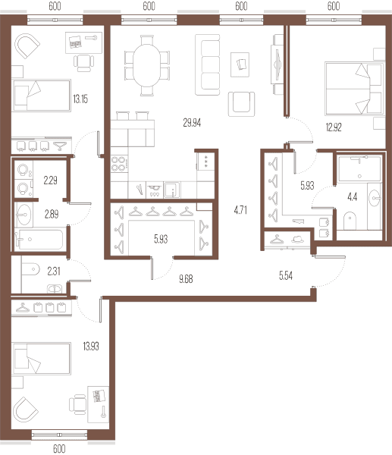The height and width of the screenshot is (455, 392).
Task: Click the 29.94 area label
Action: pyautogui.click(x=192, y=123)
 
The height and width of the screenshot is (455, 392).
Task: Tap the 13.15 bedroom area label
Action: pyautogui.click(x=80, y=99)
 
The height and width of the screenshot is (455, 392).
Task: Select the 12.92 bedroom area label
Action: pyautogui.click(x=334, y=127)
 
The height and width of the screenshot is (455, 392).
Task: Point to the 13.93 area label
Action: pyautogui.click(x=91, y=347)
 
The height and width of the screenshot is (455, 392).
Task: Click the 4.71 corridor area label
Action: pyautogui.click(x=240, y=210)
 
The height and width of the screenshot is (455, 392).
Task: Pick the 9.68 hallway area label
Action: pyautogui.click(x=186, y=279)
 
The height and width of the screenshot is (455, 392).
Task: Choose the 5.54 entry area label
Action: pyautogui.click(x=286, y=276)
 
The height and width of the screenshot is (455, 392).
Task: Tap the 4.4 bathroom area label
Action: pyautogui.click(x=353, y=197)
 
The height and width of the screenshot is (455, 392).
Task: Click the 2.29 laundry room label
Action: pyautogui.click(x=51, y=180)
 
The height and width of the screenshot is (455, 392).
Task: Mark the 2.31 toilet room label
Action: pyautogui.click(x=54, y=271)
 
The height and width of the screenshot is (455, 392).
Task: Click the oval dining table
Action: pyautogui.click(x=147, y=65)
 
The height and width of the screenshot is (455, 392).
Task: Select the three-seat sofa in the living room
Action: pyautogui.click(x=208, y=64)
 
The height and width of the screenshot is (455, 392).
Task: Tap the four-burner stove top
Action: pyautogui.click(x=119, y=164)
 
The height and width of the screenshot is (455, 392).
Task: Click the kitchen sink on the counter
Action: pyautogui.click(x=172, y=190)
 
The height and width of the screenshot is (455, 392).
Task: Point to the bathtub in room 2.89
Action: pyautogui.click(x=39, y=240)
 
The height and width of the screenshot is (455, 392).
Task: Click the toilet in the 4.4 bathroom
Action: pyautogui.click(x=350, y=221)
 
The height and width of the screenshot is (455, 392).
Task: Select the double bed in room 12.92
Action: pyautogui.click(x=354, y=89)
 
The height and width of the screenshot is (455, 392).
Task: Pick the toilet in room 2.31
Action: pyautogui.click(x=30, y=269)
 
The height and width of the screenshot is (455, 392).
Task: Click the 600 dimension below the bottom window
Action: pyautogui.click(x=59, y=449)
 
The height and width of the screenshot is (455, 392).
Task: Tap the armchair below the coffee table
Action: pyautogui.click(x=241, y=104)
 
